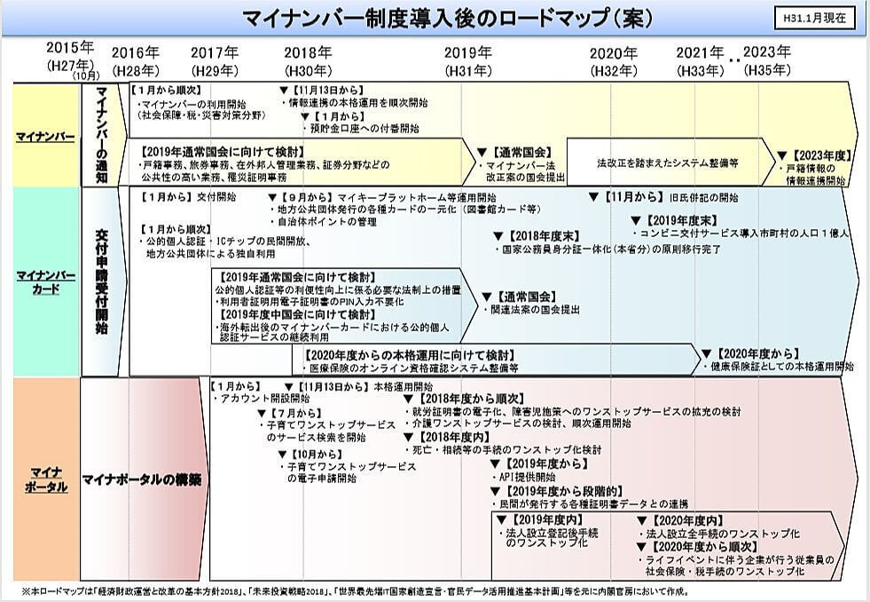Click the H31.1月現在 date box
(815, 17)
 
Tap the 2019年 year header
(467, 52)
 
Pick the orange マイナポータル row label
(43, 479)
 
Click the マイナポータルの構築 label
(141, 479)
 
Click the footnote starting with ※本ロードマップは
(355, 590)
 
